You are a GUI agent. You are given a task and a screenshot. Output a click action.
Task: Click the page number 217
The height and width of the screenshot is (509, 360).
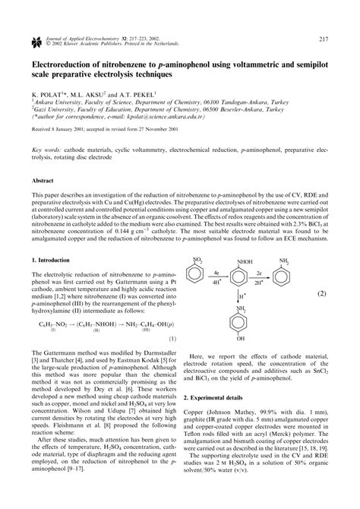323,18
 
